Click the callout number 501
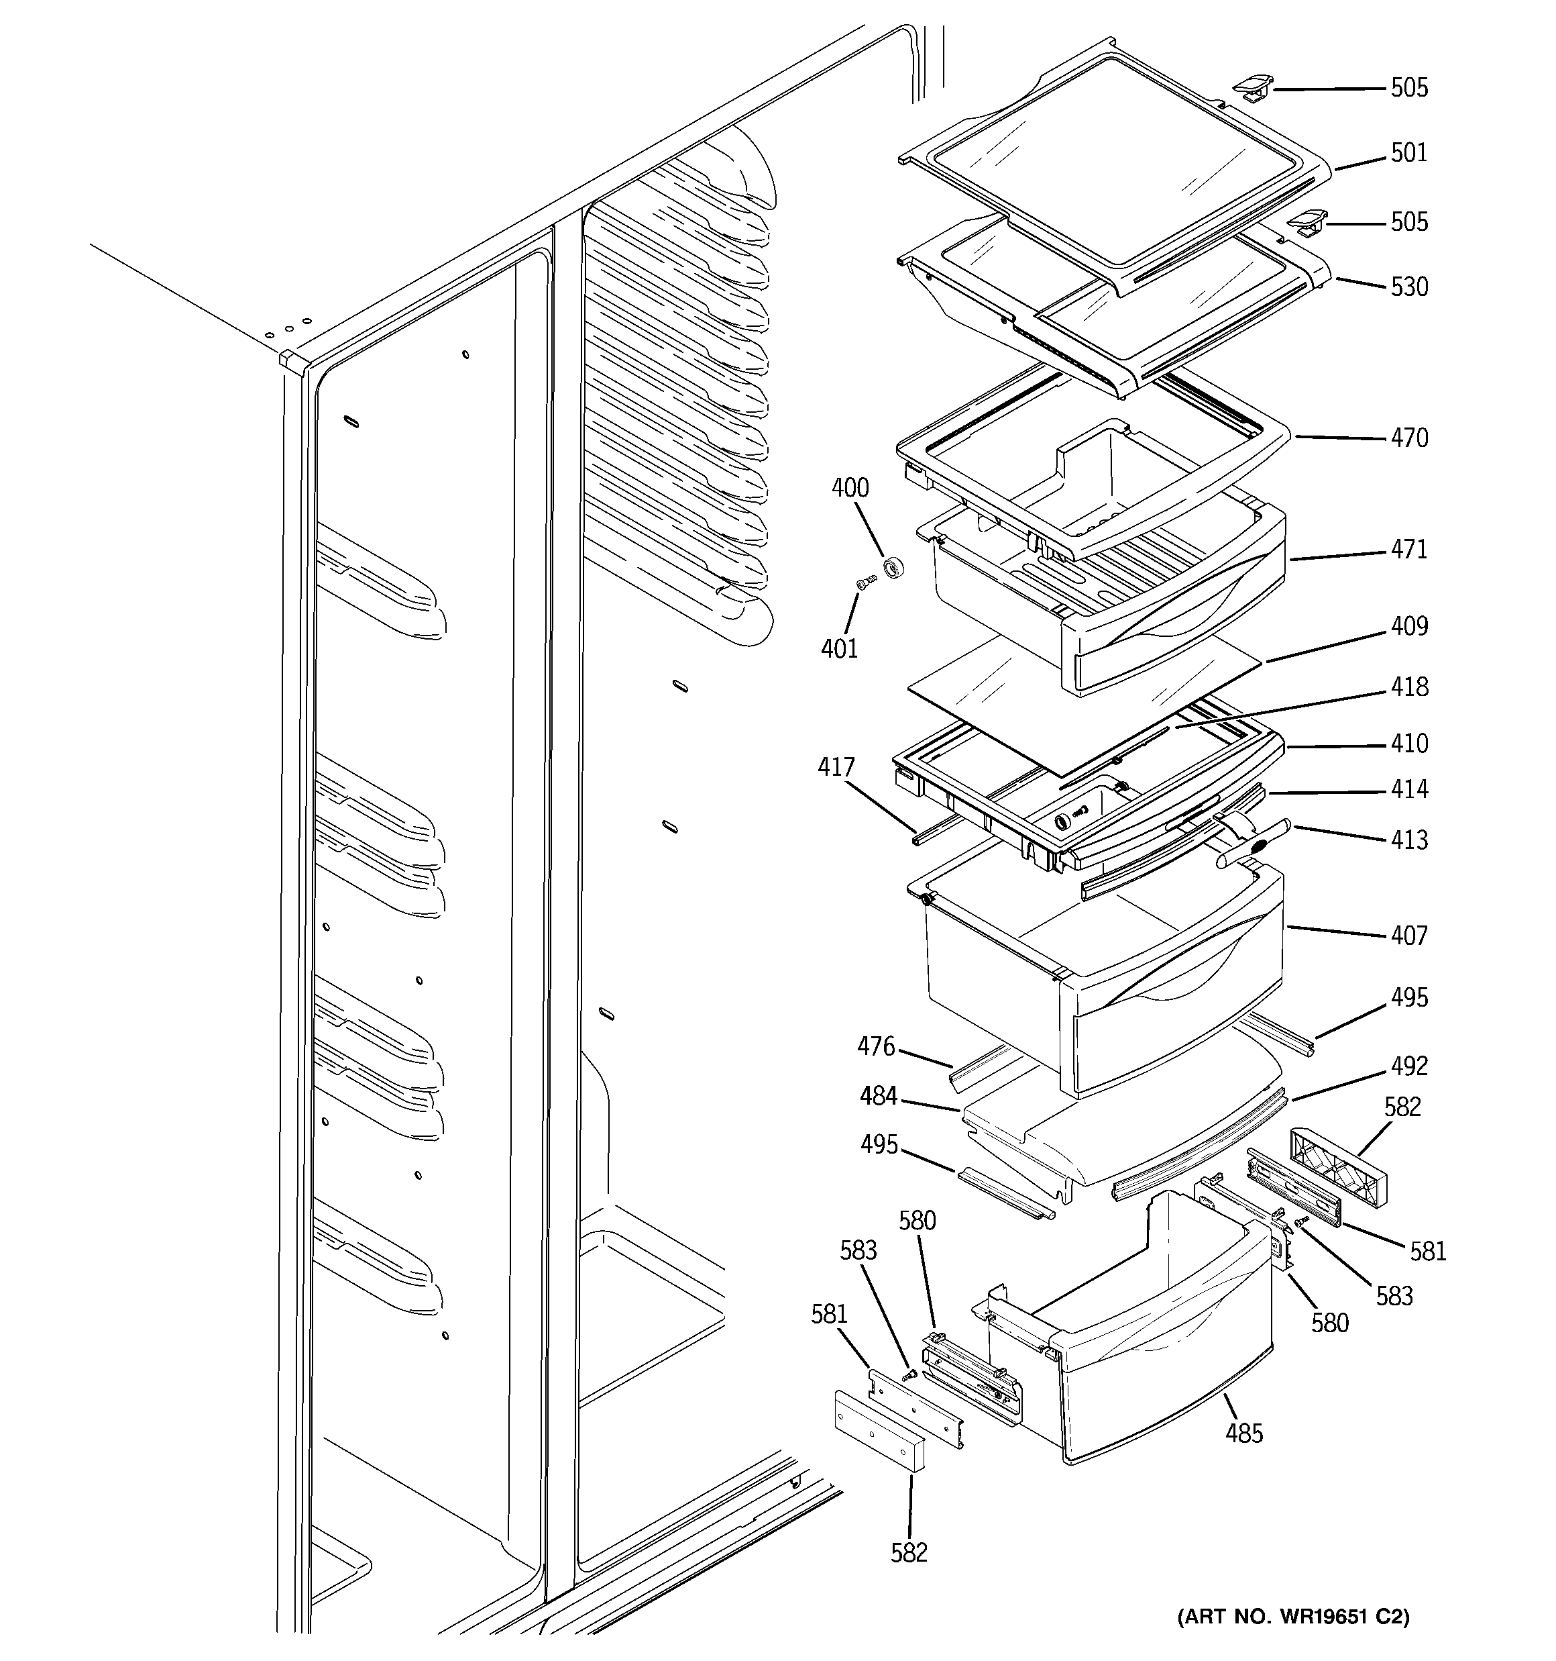click(1408, 153)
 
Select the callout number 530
click(1408, 287)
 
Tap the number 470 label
click(1408, 438)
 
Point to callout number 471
click(1408, 549)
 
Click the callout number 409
click(1408, 625)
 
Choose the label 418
click(1408, 687)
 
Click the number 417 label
click(836, 767)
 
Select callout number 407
click(1408, 936)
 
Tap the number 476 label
click(875, 1046)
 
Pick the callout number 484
click(878, 1095)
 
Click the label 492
click(1408, 1066)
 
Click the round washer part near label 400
click(895, 569)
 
